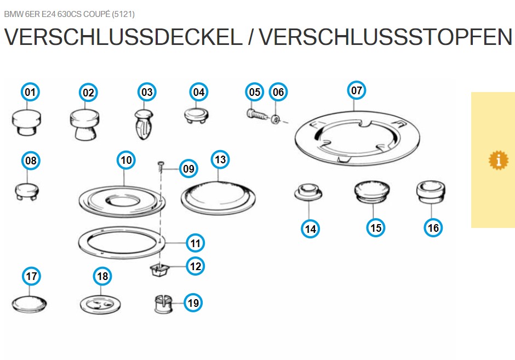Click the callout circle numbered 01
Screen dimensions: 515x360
[x=30, y=92]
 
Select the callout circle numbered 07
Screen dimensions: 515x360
[x=356, y=90]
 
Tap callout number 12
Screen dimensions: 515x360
[x=196, y=266]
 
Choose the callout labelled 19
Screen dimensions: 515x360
[x=193, y=302]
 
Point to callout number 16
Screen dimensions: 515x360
[x=433, y=227]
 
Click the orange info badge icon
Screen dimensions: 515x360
[x=498, y=161]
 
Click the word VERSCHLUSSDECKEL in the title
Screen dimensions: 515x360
[x=123, y=37]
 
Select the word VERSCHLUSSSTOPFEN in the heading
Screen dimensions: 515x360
[x=386, y=37]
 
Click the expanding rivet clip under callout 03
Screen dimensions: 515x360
[x=144, y=125]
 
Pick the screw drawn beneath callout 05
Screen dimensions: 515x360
[x=257, y=115]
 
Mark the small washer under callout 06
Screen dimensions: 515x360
[x=276, y=119]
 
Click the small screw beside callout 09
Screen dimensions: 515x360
[x=161, y=165]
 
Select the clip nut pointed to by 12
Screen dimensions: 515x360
[x=159, y=270]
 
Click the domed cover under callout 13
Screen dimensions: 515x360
[x=218, y=198]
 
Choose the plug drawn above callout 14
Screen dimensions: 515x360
[x=308, y=192]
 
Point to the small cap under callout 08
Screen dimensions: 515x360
[x=27, y=192]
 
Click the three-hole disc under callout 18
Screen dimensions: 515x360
[x=100, y=305]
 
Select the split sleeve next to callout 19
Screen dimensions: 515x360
[x=163, y=304]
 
